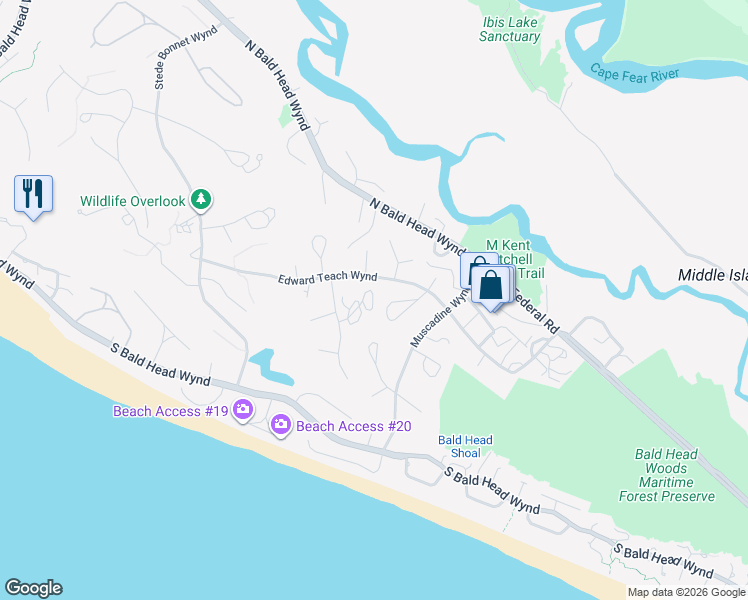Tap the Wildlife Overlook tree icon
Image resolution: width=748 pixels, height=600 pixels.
pos(202,200)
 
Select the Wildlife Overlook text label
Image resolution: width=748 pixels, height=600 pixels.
pos(133,201)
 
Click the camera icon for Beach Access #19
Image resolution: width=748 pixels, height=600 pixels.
pos(243,409)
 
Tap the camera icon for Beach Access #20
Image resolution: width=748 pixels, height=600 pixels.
pos(281,425)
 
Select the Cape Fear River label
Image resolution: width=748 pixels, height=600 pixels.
pos(634,72)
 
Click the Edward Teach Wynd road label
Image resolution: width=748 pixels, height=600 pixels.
pos(327,278)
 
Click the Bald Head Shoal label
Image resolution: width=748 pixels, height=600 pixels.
pos(465,446)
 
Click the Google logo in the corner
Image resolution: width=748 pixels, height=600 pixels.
pos(33,588)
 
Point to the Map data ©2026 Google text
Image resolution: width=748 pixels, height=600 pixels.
pos(687,592)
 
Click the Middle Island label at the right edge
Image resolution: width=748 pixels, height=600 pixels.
pos(712,275)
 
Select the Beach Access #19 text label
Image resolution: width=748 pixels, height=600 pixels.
pos(170,410)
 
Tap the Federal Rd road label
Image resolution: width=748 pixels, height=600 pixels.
pos(541,312)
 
